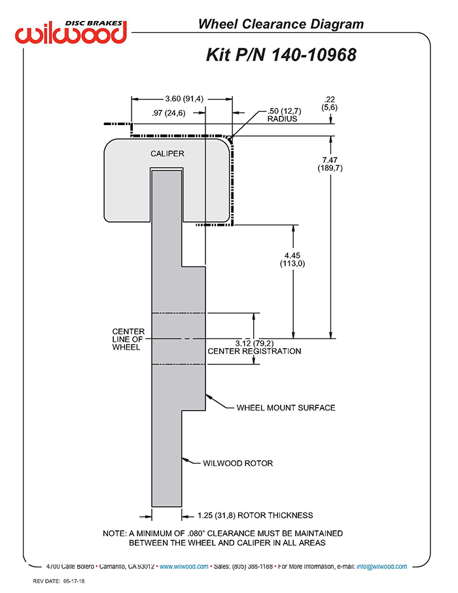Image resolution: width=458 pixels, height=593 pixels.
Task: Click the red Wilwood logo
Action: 71,33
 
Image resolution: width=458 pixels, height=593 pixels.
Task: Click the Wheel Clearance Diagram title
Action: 281,24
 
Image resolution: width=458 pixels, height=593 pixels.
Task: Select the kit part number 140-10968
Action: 313,55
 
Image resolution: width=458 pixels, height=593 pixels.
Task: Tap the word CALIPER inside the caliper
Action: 167,154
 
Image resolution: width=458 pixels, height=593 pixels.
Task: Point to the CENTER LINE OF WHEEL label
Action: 128,339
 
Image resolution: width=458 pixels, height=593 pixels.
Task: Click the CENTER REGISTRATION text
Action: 254,351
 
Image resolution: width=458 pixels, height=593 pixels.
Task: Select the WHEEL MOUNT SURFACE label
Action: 286,408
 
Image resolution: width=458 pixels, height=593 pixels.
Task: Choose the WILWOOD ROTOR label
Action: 238,463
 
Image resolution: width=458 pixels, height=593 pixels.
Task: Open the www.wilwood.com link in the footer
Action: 184,567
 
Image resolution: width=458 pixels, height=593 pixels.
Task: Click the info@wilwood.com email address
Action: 381,567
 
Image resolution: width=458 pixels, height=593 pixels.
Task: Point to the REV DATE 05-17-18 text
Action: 59,581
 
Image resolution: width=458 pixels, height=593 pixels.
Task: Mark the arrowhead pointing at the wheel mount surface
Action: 208,397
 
